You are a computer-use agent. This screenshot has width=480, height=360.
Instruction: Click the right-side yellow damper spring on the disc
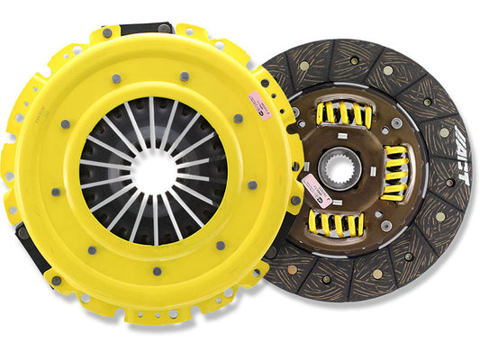tap(397, 172)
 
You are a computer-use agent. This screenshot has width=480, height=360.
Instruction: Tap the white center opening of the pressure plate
tap(152, 172)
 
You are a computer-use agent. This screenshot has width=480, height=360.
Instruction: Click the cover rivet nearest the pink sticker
tap(239, 117)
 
